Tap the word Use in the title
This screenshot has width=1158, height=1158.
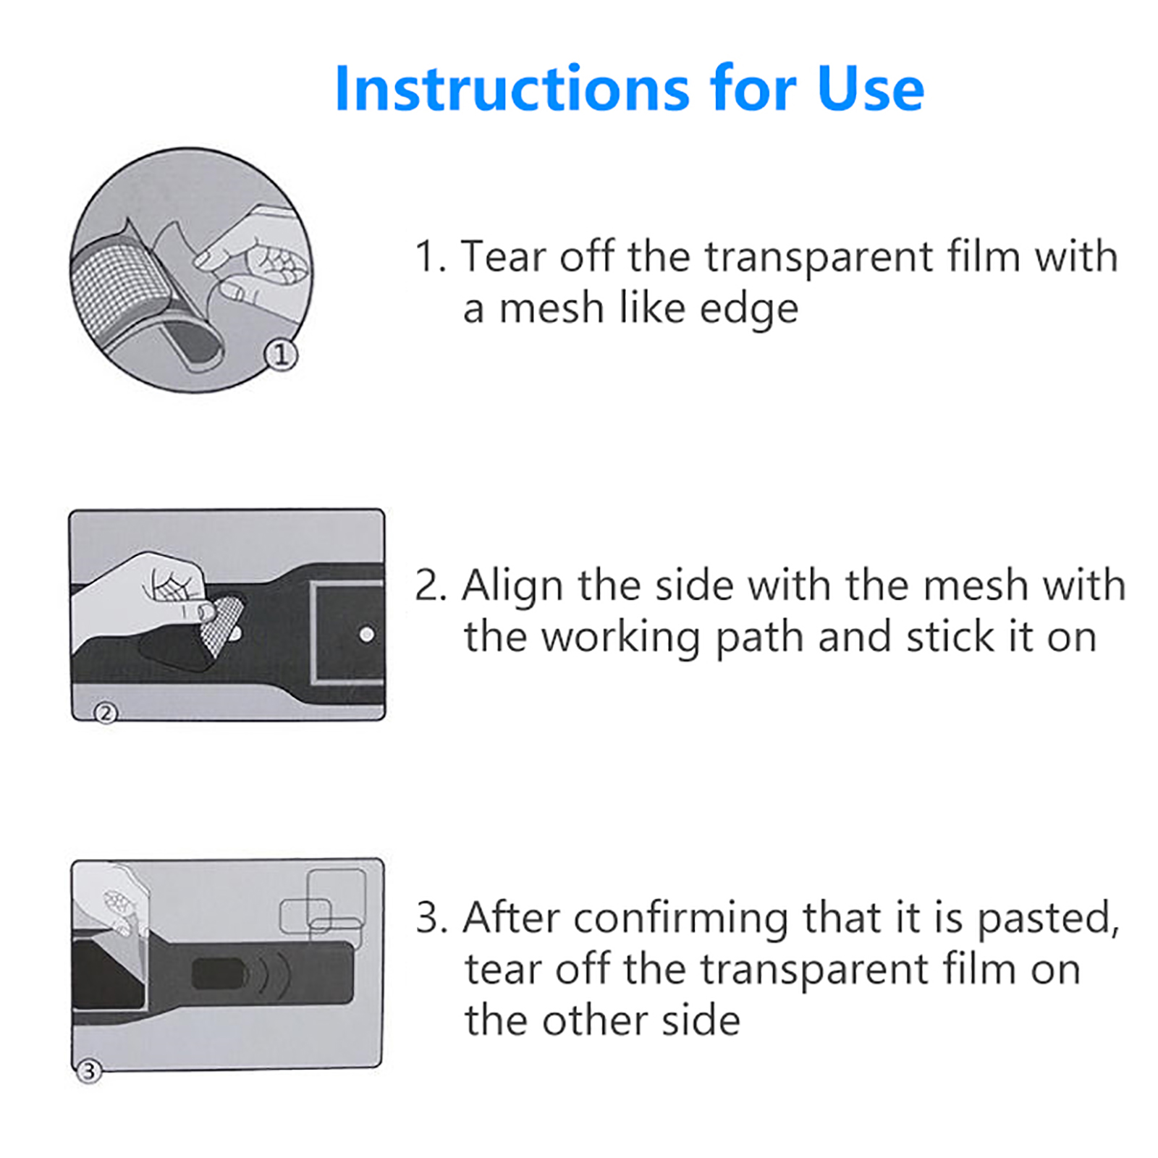click(871, 88)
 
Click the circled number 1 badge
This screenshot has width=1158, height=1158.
click(281, 355)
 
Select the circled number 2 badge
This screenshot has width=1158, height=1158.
click(106, 714)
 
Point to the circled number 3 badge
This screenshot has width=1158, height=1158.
click(88, 1071)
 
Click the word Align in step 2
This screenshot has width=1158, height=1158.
click(513, 586)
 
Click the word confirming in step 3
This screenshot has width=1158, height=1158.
click(681, 920)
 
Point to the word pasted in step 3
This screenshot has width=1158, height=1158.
click(1048, 920)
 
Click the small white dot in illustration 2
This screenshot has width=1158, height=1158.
click(367, 635)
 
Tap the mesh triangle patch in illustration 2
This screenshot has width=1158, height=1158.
click(221, 624)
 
